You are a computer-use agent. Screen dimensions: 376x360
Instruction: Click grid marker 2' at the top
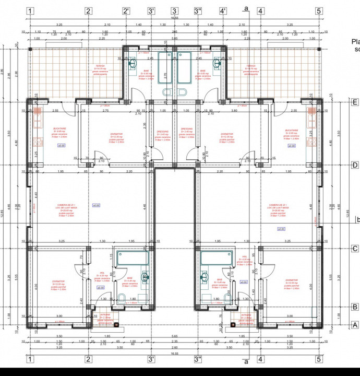click(126, 10)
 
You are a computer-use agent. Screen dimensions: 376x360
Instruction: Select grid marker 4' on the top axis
click(223, 10)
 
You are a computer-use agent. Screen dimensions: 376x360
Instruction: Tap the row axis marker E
click(355, 102)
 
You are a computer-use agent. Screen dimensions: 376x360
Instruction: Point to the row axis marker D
click(355, 166)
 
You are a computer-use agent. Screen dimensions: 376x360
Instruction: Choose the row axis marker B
click(355, 307)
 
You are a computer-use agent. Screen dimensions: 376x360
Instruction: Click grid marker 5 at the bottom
click(318, 359)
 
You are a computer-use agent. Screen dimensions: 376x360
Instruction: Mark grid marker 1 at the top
click(31, 10)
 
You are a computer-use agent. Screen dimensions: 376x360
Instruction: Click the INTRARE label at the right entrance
click(246, 315)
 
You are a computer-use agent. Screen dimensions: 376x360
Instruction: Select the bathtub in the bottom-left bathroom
click(133, 257)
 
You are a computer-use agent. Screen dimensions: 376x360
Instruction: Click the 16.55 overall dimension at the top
click(174, 18)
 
